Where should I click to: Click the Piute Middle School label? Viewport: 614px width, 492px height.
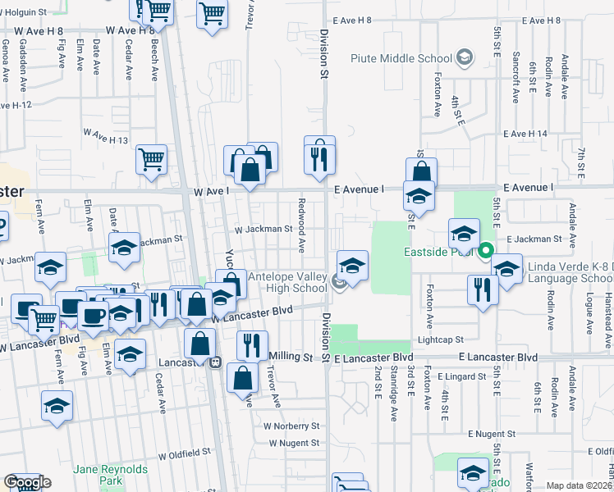point(401,58)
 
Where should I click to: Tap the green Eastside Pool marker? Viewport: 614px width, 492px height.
point(485,252)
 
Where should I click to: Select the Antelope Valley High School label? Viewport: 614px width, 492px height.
point(286,282)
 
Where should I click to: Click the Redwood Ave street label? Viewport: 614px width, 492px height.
point(302,225)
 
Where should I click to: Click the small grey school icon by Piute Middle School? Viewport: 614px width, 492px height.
point(465,57)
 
